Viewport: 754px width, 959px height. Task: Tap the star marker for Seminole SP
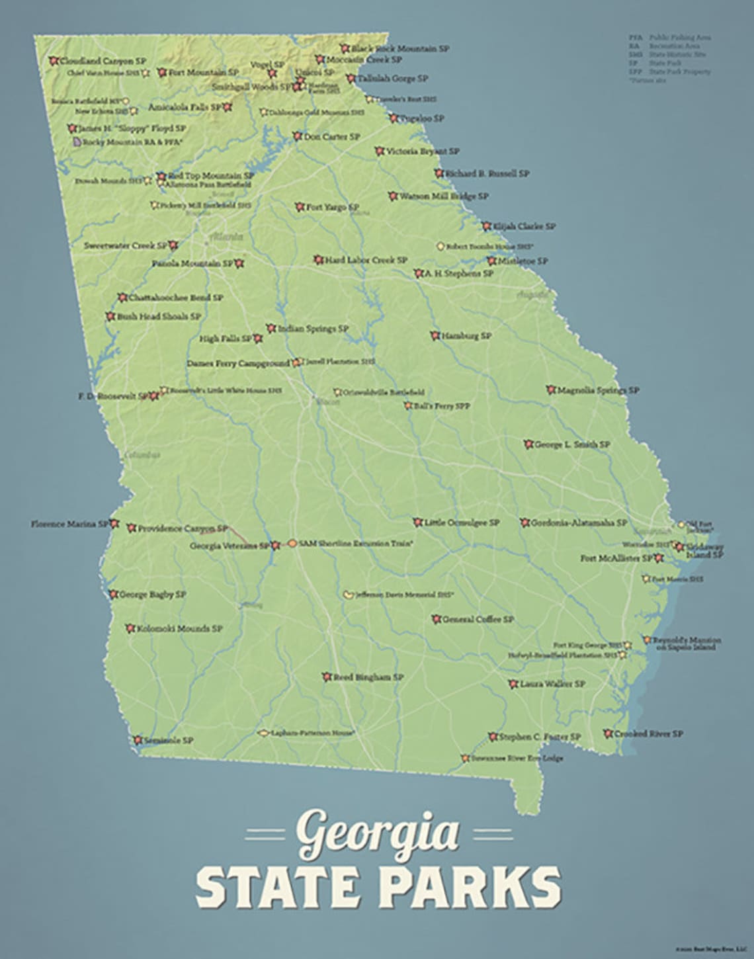138,740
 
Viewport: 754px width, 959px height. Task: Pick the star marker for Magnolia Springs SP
550,390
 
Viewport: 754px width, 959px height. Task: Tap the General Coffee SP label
477,620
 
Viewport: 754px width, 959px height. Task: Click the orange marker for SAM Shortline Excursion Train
292,543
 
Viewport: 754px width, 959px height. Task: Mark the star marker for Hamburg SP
435,336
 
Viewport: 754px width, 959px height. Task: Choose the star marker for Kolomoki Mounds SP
130,628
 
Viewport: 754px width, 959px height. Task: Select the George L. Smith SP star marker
528,444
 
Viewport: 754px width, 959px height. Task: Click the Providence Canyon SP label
183,528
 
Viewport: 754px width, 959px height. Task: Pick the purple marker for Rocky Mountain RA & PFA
77,142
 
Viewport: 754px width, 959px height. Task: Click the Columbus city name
142,455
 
